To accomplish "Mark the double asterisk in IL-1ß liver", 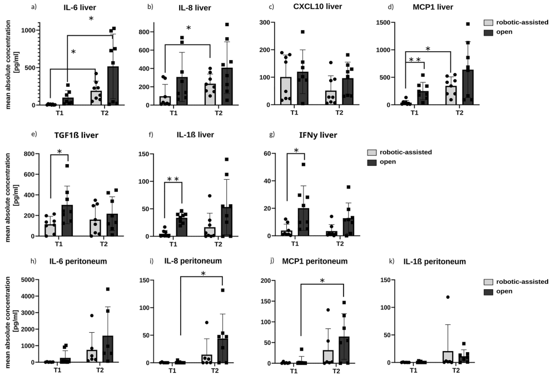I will (173, 180).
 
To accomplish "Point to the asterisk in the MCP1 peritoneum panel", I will (322, 281).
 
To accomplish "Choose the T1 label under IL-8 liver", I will (174, 113).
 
